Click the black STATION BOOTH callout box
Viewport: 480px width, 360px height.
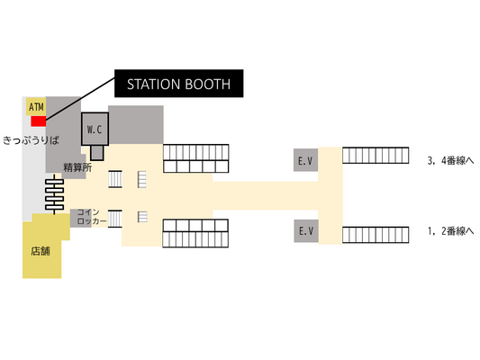(179, 84)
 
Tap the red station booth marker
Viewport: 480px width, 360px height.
(38, 121)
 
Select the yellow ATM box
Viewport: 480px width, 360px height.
(36, 106)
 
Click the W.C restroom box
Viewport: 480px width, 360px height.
(95, 129)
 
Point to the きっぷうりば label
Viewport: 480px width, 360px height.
(31, 140)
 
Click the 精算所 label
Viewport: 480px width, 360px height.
(77, 167)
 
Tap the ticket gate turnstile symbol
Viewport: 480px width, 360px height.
(55, 194)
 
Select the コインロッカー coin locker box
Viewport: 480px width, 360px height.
(88, 218)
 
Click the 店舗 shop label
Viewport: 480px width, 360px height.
(41, 251)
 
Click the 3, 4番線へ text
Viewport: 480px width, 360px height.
(450, 160)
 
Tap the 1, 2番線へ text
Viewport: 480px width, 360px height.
(450, 231)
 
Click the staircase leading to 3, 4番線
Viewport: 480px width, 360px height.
(376, 156)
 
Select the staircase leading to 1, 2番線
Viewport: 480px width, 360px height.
(376, 235)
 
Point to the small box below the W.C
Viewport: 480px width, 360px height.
(97, 153)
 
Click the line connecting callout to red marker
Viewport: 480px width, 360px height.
(80, 98)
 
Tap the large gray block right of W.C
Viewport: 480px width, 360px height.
(136, 125)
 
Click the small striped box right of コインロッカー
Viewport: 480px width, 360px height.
(115, 219)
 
